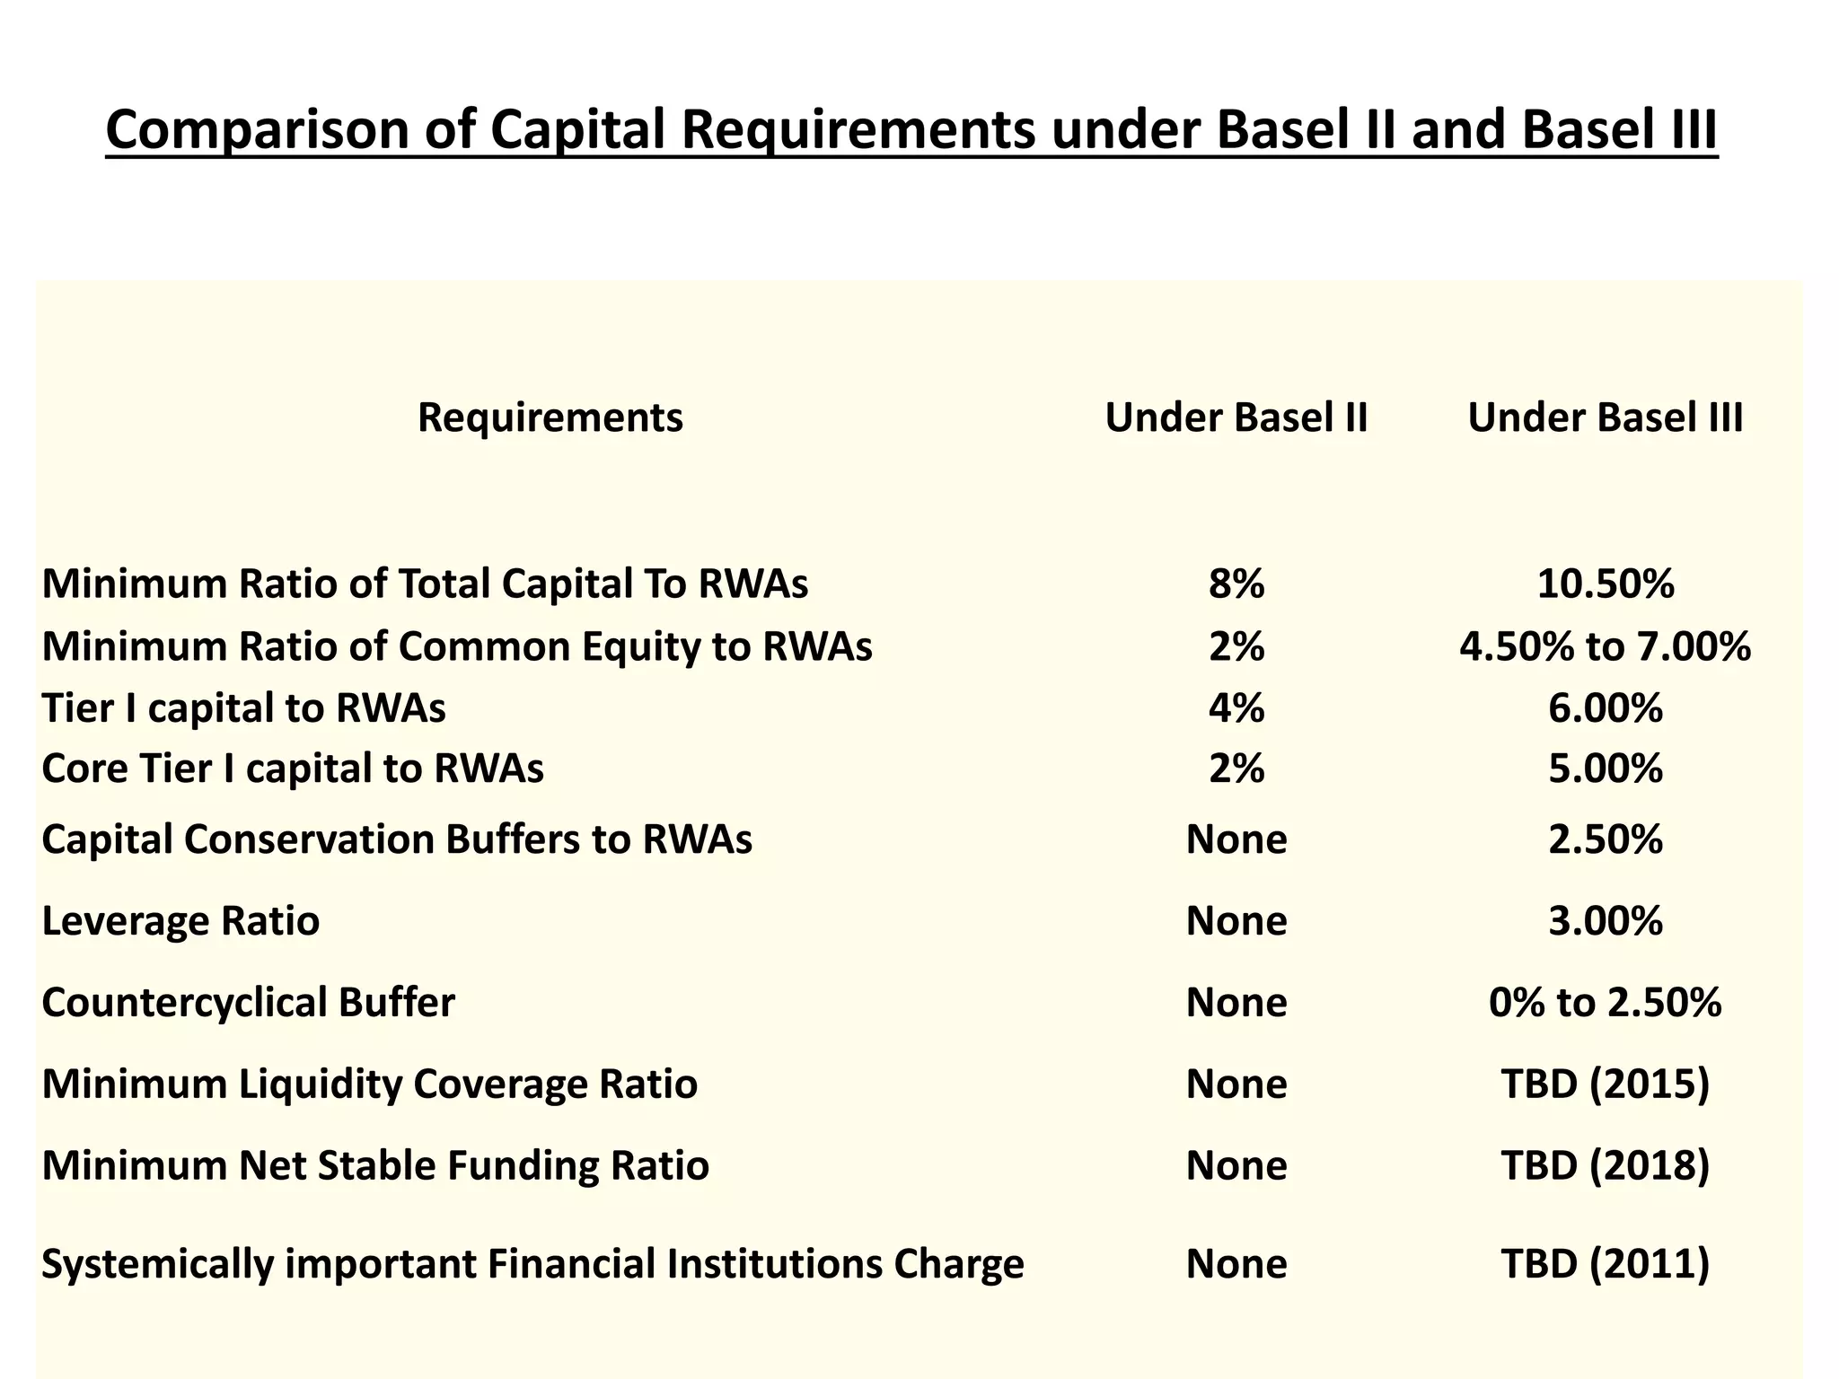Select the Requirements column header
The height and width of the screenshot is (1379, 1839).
[x=550, y=418]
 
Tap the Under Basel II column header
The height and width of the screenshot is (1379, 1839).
[x=1236, y=418]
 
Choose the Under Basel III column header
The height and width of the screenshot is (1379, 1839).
[x=1605, y=418]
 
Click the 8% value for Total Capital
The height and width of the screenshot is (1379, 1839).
[x=1236, y=584]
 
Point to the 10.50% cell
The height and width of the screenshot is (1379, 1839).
[x=1605, y=584]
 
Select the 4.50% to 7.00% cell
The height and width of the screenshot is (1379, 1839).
[x=1605, y=646]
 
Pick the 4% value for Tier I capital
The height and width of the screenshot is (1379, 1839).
[x=1236, y=708]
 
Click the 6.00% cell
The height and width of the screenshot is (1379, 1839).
[x=1605, y=708]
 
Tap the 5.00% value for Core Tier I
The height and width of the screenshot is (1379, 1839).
[x=1605, y=769]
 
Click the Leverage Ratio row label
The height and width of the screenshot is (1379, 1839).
[x=180, y=922]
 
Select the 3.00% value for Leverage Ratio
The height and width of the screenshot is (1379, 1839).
[x=1605, y=922]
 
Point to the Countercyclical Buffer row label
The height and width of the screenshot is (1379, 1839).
[x=248, y=1003]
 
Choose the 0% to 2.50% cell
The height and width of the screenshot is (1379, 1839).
[x=1605, y=1003]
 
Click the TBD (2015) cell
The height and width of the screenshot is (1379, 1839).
[x=1605, y=1085]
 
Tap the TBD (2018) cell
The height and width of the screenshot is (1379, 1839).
[x=1605, y=1166]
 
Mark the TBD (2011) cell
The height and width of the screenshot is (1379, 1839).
[x=1605, y=1264]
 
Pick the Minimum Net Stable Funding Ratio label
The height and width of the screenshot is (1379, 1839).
[x=375, y=1166]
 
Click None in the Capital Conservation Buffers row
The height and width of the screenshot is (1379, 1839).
[x=1236, y=840]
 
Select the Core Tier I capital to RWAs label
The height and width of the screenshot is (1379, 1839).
[x=293, y=769]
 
